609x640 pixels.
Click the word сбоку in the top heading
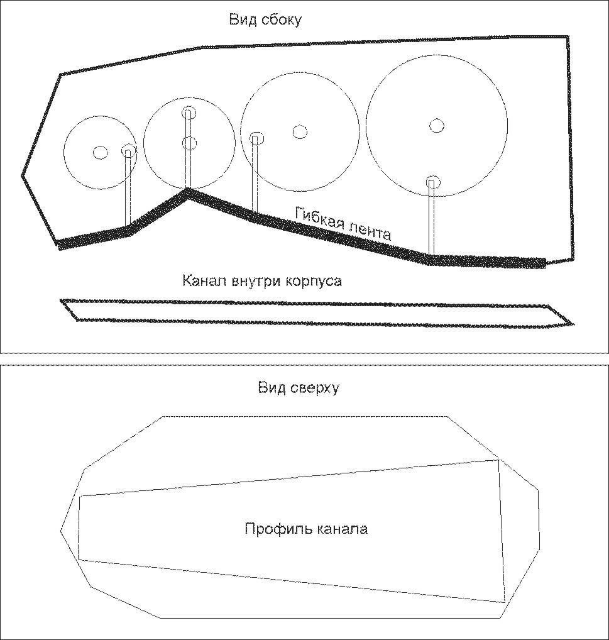(x=281, y=19)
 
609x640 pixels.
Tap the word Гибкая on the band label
(x=317, y=218)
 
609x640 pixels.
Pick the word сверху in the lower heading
(x=314, y=387)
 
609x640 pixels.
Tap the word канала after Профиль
(x=342, y=529)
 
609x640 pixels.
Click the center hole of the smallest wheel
(x=101, y=153)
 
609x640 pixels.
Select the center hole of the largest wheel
(x=437, y=125)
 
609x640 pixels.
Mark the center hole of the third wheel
(x=300, y=131)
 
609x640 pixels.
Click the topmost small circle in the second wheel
(x=189, y=113)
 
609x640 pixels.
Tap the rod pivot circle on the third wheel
(x=256, y=139)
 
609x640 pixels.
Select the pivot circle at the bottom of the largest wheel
(x=433, y=182)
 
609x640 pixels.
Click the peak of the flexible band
(x=188, y=190)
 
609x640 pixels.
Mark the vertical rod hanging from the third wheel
(x=255, y=175)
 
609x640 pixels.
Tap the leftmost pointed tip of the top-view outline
(x=61, y=530)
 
